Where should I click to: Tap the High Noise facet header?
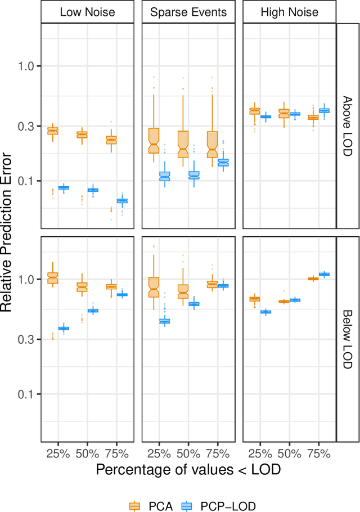[289, 12]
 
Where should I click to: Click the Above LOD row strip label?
[347, 126]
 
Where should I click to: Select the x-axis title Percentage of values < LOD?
[188, 469]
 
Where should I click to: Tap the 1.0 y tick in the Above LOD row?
[27, 66]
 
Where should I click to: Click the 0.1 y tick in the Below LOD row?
[27, 394]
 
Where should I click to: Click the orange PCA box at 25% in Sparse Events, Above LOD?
[154, 141]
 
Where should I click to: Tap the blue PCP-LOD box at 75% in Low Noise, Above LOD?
[122, 201]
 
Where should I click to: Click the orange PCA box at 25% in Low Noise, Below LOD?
[53, 277]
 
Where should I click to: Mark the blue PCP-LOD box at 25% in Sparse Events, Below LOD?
[165, 321]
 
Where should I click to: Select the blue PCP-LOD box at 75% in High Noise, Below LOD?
[324, 275]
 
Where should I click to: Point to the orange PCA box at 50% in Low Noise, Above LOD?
[82, 134]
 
